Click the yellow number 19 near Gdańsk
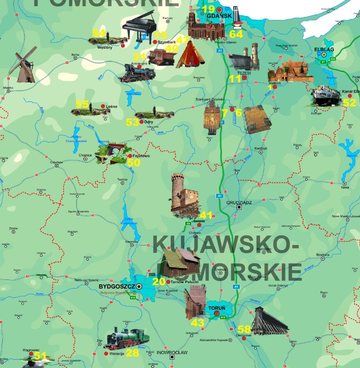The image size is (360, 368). click(208, 9)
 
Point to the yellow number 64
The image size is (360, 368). click(236, 34)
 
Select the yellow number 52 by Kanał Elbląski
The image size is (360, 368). click(349, 103)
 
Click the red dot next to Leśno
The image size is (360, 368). click(102, 106)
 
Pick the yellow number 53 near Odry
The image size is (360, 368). click(132, 122)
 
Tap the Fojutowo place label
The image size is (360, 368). click(141, 156)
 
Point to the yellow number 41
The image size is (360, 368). click(206, 215)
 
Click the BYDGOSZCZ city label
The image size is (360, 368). click(116, 287)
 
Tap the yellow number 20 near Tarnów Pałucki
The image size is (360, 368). click(159, 281)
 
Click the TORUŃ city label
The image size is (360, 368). click(217, 309)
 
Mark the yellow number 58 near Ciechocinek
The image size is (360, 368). click(244, 329)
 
